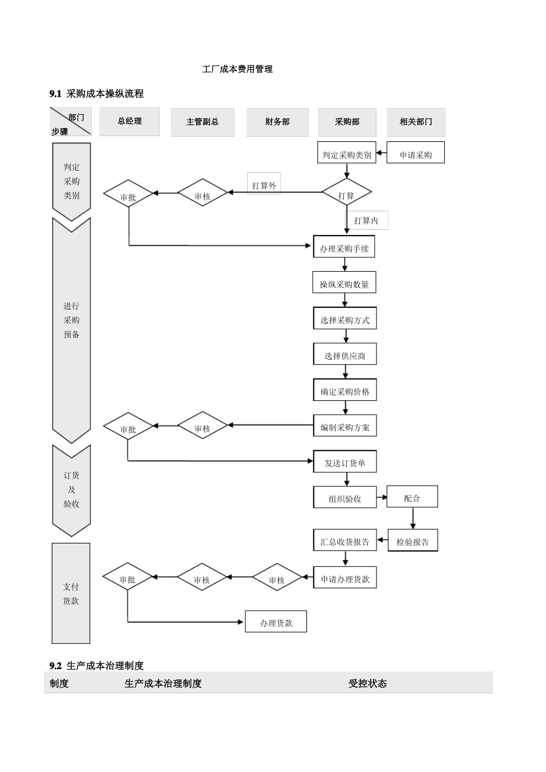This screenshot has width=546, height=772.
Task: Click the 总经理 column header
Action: [x=129, y=121]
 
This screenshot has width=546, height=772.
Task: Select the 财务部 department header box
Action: [x=277, y=122]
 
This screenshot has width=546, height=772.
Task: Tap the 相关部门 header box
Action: [x=416, y=122]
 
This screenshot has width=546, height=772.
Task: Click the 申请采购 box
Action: [x=416, y=155]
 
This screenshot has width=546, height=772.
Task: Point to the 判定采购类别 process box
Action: [x=347, y=155]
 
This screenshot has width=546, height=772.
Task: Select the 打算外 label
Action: [x=264, y=186]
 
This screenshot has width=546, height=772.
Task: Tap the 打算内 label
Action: [x=366, y=221]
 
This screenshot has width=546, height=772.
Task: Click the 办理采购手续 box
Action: [x=344, y=249]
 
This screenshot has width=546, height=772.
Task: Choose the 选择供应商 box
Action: [x=345, y=356]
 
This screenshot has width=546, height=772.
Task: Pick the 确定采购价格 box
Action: [x=345, y=392]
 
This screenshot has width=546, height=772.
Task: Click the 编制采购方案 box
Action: [x=345, y=427]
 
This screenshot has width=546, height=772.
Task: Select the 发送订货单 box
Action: [x=345, y=463]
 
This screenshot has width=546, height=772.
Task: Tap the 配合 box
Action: [x=412, y=498]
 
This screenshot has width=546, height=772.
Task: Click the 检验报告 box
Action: [x=413, y=542]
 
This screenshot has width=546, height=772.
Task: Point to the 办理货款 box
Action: [x=276, y=623]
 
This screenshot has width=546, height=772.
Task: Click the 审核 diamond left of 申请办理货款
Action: [x=276, y=580]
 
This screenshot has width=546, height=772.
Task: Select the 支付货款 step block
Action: [x=71, y=593]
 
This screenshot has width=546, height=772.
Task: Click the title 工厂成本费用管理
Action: [x=237, y=69]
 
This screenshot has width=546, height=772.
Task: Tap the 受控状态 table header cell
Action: [x=367, y=684]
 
